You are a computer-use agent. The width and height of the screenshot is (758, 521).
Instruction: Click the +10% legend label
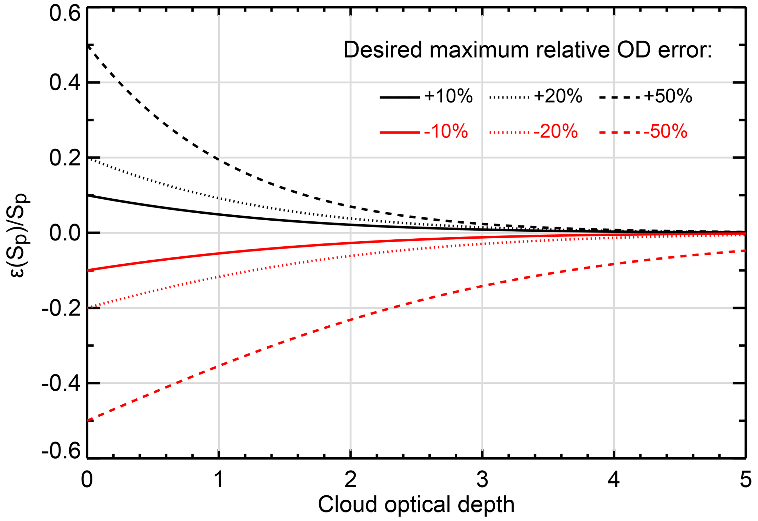448,97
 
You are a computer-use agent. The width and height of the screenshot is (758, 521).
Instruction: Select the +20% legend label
558,97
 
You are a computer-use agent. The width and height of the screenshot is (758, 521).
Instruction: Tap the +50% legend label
668,97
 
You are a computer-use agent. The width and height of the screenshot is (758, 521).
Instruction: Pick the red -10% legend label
446,131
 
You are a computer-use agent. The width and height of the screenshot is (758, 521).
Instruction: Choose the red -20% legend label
556,131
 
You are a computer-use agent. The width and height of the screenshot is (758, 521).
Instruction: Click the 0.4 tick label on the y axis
65,83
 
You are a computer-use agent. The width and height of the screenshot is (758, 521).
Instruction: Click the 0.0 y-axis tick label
65,233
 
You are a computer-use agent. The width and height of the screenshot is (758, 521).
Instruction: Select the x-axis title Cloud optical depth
416,505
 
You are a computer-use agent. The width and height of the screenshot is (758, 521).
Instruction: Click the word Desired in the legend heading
383,50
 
